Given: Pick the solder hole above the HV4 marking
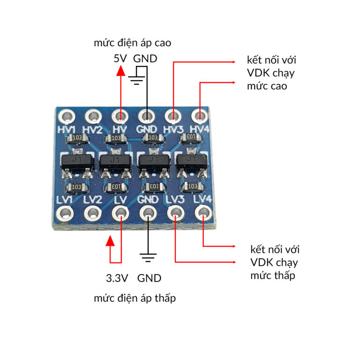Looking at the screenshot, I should (200, 115).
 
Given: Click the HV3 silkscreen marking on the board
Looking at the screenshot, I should (173, 128).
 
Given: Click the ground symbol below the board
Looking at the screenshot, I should (149, 258).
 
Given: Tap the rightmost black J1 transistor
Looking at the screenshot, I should (191, 161).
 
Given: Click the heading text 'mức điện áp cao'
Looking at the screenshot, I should (132, 44).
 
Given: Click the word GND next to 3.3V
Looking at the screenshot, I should (149, 278).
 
